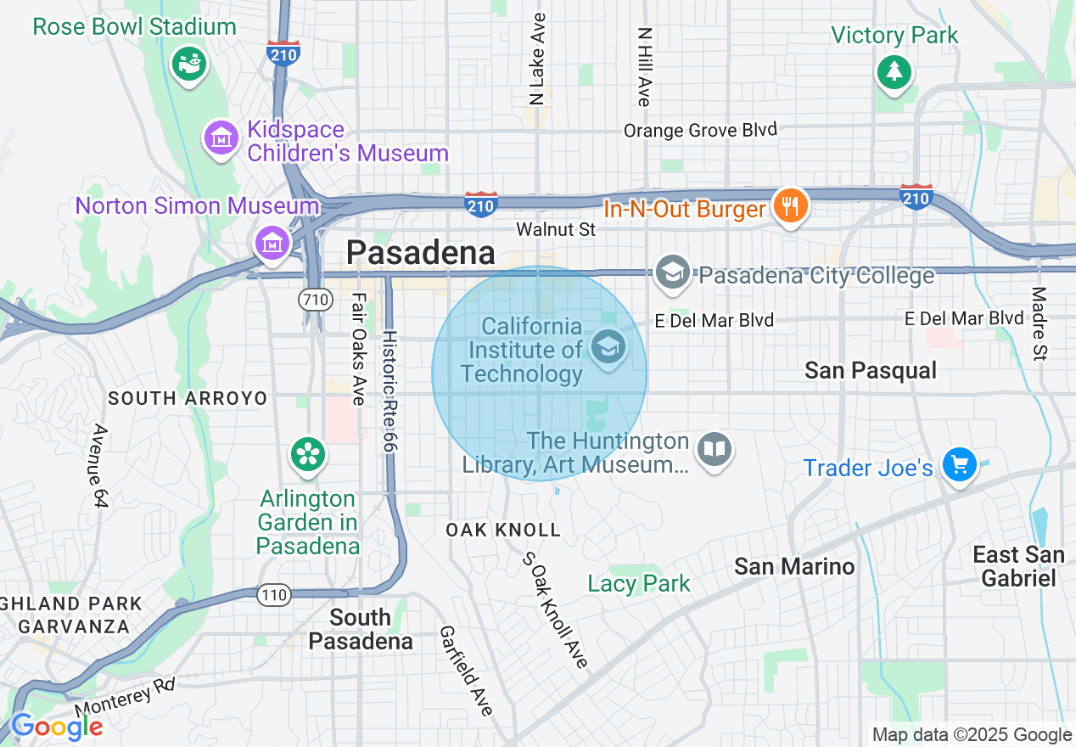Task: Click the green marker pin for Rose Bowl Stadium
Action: point(188,64)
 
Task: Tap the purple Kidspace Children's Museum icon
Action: point(221,138)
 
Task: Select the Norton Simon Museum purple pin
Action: point(272,243)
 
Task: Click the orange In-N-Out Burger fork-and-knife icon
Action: point(790,205)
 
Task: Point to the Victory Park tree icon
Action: point(894,71)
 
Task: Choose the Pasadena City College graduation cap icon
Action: point(673,273)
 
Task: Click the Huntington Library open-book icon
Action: point(715,450)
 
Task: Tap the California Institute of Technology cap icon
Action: point(608,347)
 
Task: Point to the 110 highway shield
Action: point(274,595)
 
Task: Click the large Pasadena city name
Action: point(421,253)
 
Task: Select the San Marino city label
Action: point(794,566)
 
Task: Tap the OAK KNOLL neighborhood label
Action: point(503,530)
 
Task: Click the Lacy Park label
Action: point(639,583)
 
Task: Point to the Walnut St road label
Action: point(556,229)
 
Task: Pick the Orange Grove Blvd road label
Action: point(700,130)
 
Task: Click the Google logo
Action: point(56,727)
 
